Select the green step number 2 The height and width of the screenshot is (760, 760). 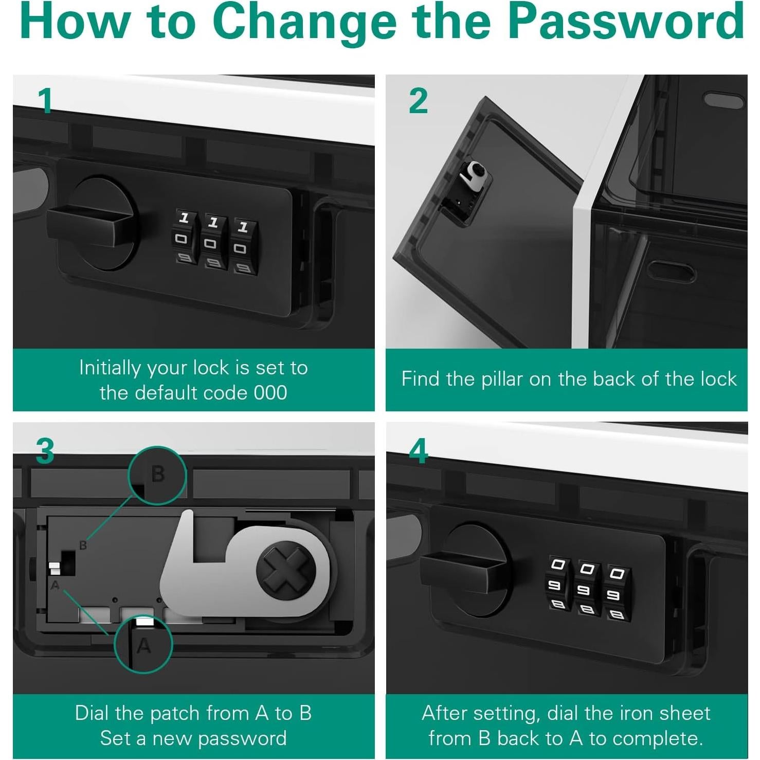click(418, 101)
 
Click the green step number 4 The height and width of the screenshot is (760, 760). click(418, 451)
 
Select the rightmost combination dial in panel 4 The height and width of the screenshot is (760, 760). click(618, 593)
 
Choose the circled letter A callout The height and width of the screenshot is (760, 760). click(143, 645)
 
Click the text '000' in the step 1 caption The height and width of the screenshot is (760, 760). click(270, 393)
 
